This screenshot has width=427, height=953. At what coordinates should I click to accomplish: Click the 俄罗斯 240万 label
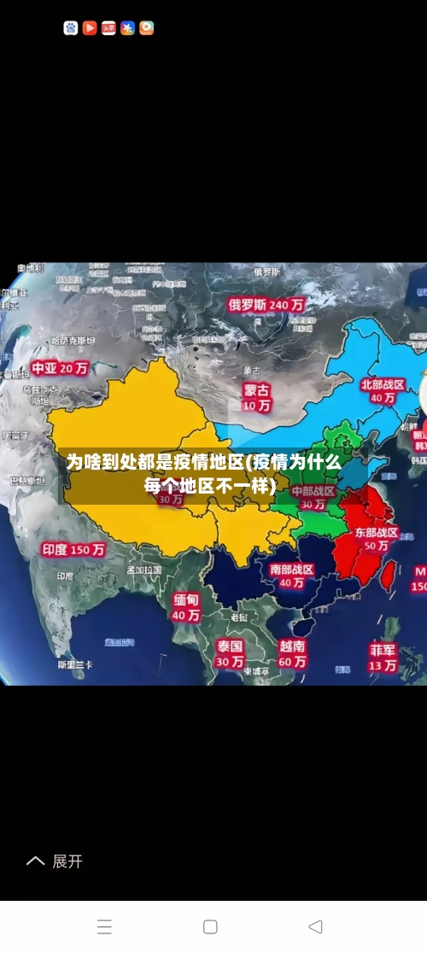click(266, 303)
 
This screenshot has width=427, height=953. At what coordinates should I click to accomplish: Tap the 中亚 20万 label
click(61, 368)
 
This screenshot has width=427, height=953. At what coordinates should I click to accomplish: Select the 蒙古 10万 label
click(256, 397)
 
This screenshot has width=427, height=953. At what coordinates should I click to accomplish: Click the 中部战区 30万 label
click(313, 498)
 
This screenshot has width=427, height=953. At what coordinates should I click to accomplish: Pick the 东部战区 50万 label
click(377, 539)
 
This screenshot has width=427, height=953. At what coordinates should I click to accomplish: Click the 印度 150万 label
click(73, 550)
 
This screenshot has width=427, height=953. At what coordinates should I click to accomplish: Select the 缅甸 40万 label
click(185, 606)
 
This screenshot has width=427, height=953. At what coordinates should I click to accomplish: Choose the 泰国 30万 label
click(229, 653)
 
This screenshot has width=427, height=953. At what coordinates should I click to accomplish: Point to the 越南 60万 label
click(292, 653)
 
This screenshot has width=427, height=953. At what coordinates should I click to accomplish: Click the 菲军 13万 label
click(383, 657)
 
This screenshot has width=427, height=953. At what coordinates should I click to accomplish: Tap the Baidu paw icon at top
click(70, 28)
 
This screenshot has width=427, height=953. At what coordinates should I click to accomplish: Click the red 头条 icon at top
click(108, 28)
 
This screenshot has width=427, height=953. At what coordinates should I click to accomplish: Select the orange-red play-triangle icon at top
click(90, 28)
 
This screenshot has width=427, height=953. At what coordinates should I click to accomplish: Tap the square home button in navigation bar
click(210, 927)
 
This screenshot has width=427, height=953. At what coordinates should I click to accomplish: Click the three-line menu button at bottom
click(104, 927)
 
